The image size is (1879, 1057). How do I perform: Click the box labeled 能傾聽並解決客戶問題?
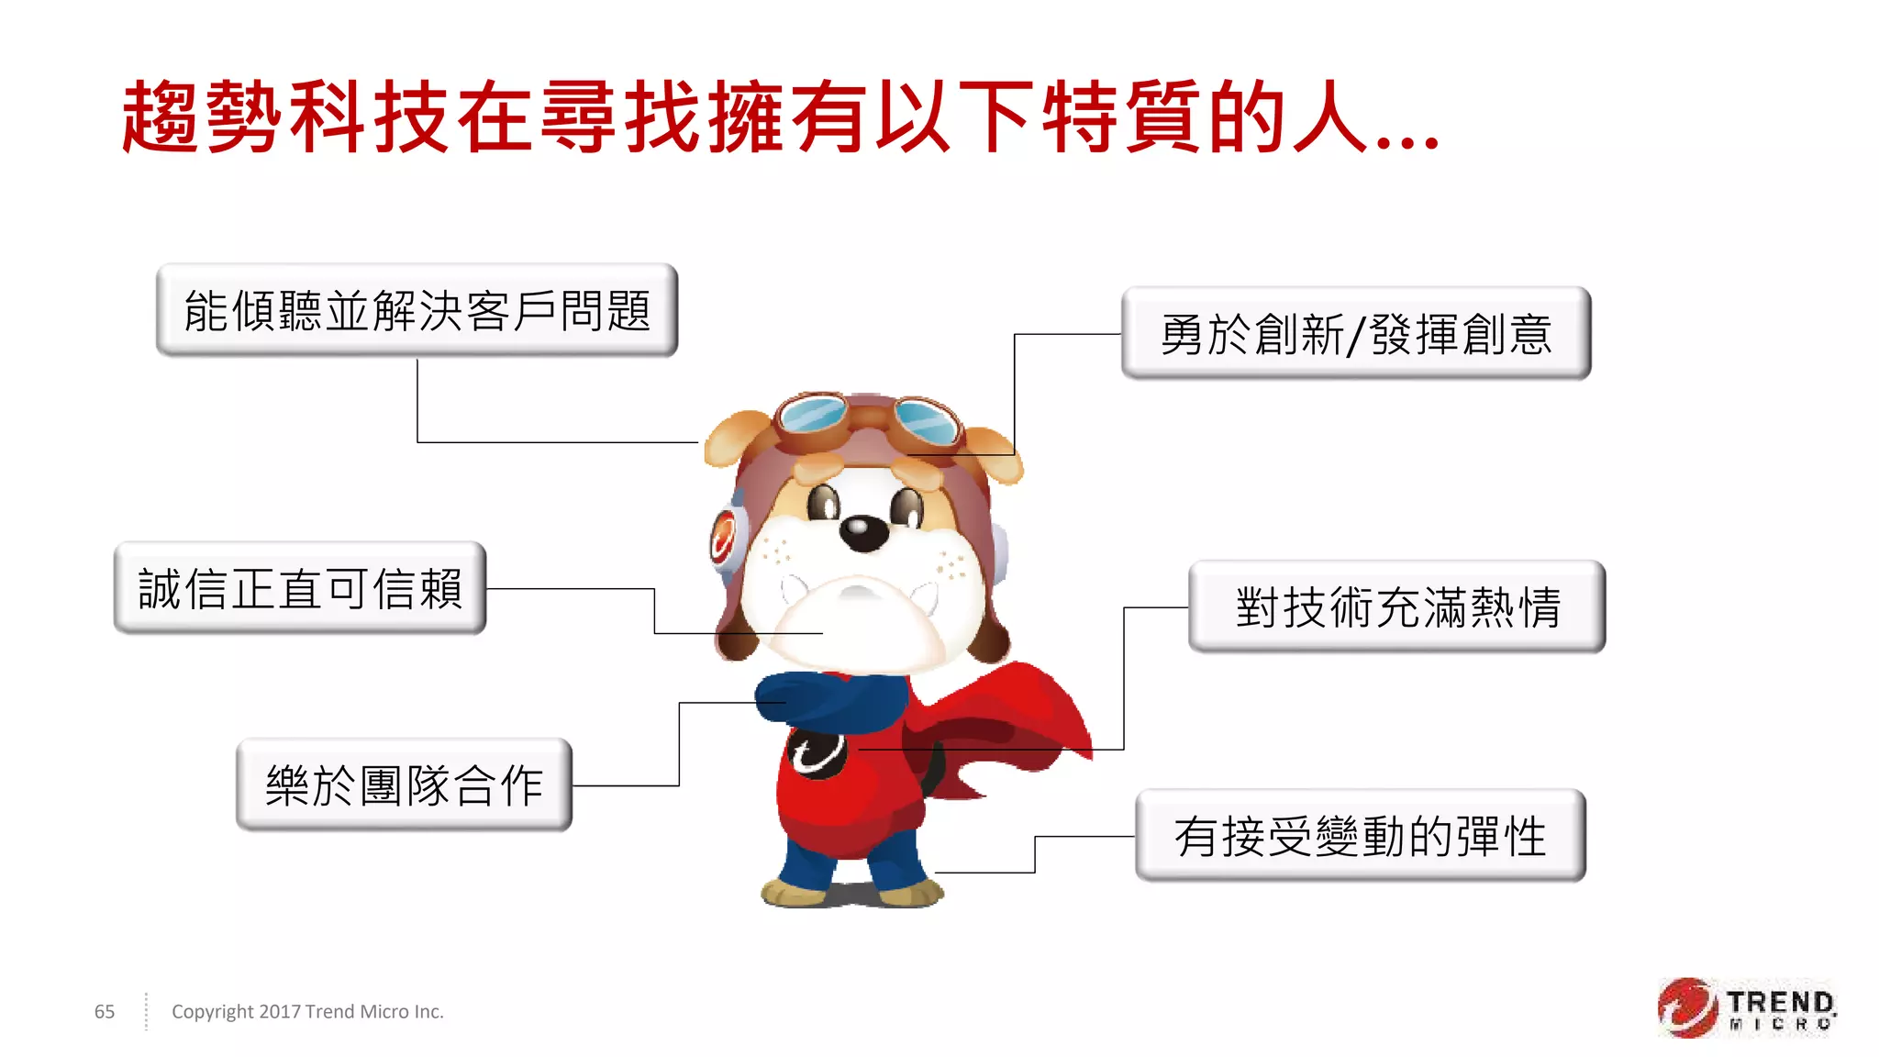pyautogui.click(x=417, y=310)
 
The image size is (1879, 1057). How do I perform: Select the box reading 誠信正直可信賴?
pyautogui.click(x=300, y=588)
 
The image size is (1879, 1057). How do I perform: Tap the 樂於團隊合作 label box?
pyautogui.click(x=404, y=785)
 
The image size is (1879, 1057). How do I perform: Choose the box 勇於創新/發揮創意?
pyautogui.click(x=1356, y=333)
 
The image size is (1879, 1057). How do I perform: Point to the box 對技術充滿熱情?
pyautogui.click(x=1396, y=607)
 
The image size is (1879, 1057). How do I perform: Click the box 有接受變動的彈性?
pyautogui.click(x=1361, y=836)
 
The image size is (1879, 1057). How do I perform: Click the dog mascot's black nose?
pyautogui.click(x=863, y=531)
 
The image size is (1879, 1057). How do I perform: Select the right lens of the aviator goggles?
pyautogui.click(x=925, y=421)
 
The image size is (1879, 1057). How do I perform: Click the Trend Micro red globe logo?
pyautogui.click(x=1686, y=1007)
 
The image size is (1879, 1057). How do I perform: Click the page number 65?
pyautogui.click(x=105, y=1011)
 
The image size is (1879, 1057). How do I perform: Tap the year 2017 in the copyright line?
pyautogui.click(x=280, y=1011)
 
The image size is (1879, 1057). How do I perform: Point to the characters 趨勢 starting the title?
pyautogui.click(x=202, y=117)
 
